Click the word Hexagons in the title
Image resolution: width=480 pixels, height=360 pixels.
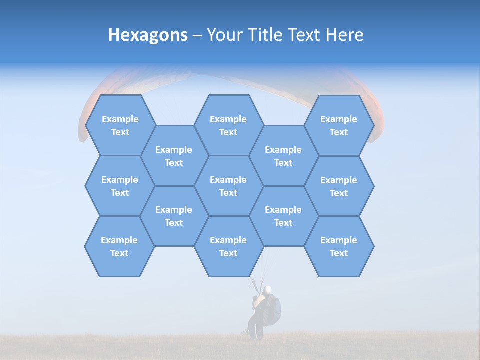(148, 35)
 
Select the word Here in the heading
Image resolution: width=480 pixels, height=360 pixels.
(344, 35)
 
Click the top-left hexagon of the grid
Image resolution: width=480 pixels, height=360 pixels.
(120, 125)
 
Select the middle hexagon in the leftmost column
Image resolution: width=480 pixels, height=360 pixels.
(120, 186)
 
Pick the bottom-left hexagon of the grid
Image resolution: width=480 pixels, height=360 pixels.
(119, 246)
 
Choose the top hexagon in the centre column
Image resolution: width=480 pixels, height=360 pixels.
(228, 125)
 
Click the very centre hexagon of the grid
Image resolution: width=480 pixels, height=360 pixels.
(228, 186)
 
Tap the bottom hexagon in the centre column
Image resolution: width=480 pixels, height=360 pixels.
(228, 246)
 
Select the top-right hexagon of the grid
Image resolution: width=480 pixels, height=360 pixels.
(339, 125)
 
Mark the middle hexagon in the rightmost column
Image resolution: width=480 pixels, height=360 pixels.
(339, 186)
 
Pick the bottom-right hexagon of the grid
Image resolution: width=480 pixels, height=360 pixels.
(339, 246)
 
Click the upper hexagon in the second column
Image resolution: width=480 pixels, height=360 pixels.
(174, 156)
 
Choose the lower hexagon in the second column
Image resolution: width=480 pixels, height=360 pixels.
(174, 216)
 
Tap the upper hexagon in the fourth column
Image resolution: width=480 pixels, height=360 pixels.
(283, 156)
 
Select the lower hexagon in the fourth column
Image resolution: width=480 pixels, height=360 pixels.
(283, 216)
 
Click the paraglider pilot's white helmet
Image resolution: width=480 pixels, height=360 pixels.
(268, 289)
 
